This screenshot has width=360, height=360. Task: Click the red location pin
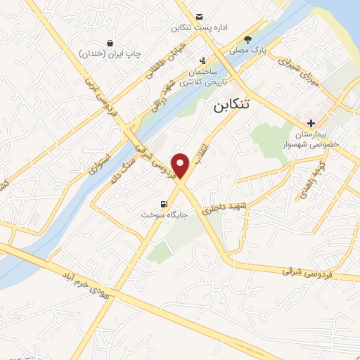pyautogui.click(x=182, y=166)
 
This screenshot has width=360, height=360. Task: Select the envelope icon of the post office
pyautogui.click(x=200, y=16)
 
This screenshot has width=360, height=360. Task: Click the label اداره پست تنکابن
pyautogui.click(x=200, y=28)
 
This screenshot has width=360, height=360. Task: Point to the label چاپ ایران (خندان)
pyautogui.click(x=110, y=53)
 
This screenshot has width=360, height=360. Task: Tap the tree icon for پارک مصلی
pyautogui.click(x=247, y=39)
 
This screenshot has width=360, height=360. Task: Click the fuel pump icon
pyautogui.click(x=165, y=204)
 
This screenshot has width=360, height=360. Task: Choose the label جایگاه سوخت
pyautogui.click(x=162, y=214)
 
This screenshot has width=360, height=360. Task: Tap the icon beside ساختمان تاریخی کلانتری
pyautogui.click(x=203, y=60)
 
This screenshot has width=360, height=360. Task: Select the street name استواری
pyautogui.click(x=102, y=161)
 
